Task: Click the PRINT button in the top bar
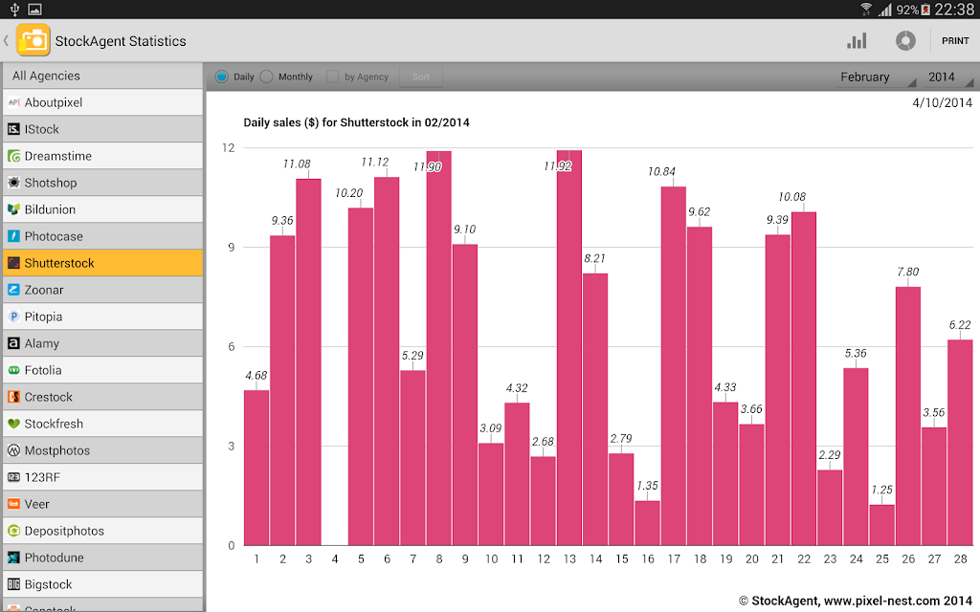point(955,40)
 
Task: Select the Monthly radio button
point(267,76)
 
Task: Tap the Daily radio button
point(221,76)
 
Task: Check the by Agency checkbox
point(332,76)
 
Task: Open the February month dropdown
point(876,76)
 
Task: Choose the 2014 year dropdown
point(947,76)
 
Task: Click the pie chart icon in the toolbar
point(905,40)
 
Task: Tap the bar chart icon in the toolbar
point(857,40)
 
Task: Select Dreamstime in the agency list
point(103,156)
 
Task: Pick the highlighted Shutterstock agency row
point(103,263)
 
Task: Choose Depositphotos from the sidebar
point(103,531)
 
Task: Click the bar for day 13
point(569,348)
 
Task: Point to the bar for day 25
point(881,525)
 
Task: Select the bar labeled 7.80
point(908,416)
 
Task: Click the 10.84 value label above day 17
point(661,172)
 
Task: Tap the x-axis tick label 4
point(335,558)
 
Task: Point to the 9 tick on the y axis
point(232,248)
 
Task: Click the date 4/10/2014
point(942,103)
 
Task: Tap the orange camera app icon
point(33,40)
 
